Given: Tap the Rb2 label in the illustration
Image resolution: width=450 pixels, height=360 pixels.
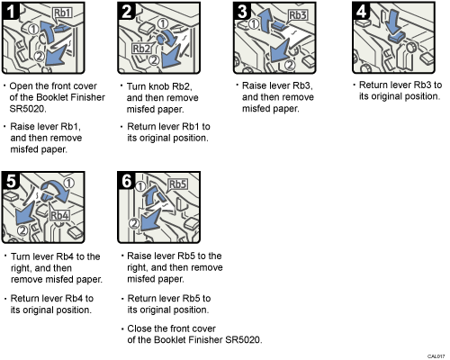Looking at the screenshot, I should pos(141,49).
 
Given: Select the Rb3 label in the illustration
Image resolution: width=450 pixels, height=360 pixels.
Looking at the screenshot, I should pos(300,14).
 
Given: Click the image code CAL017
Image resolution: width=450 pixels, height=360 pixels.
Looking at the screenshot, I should pos(435,355).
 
